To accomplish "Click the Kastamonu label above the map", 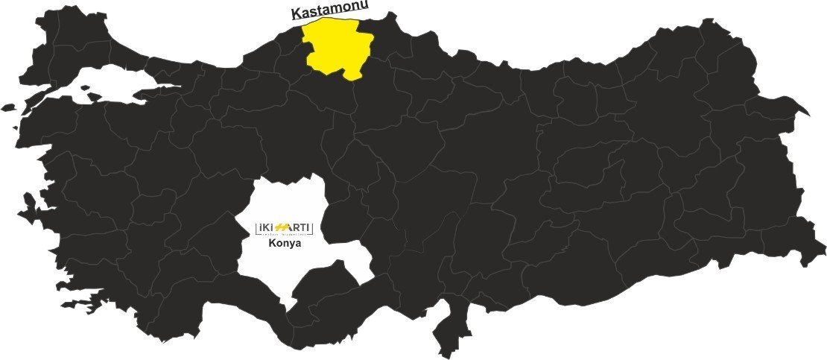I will tap(330, 11).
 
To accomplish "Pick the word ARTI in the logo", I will tap(299, 227).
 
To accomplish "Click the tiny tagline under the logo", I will tap(284, 234).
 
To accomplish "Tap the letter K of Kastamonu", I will tap(294, 13).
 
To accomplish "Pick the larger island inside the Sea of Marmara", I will tap(95, 95).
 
